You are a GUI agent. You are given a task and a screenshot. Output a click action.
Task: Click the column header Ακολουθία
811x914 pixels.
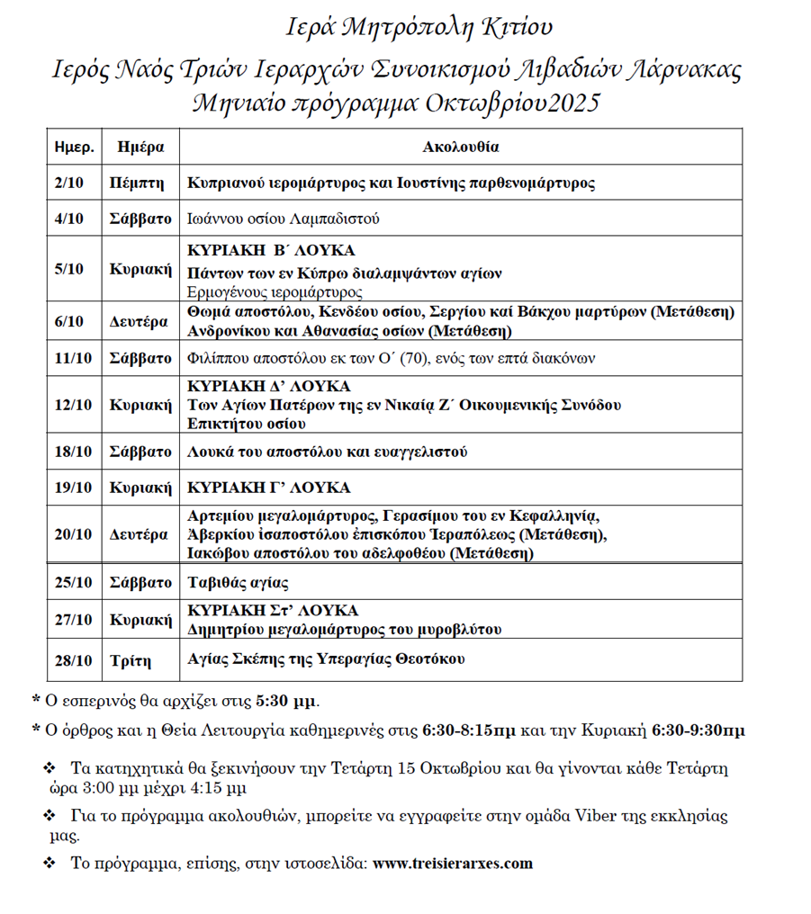coord(461,147)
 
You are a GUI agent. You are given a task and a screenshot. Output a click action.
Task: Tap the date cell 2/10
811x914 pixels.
coord(68,183)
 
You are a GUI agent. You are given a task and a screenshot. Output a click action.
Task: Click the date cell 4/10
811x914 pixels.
coord(68,219)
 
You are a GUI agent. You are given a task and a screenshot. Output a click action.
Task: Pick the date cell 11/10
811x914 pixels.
coord(72,358)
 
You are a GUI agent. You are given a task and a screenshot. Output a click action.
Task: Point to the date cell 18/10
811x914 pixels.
coord(72,452)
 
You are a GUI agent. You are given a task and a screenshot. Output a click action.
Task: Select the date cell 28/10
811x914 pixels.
coord(72,660)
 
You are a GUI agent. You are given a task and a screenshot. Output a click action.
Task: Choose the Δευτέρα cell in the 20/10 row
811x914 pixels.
coord(140,534)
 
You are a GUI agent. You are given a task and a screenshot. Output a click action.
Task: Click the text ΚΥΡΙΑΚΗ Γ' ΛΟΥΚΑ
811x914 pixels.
coord(268,488)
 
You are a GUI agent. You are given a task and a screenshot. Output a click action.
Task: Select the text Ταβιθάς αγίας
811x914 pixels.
coord(238,582)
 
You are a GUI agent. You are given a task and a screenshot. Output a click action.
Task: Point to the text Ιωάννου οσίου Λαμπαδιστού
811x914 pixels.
coord(284,219)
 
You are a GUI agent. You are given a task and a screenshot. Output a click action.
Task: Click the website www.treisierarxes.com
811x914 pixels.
coord(453,863)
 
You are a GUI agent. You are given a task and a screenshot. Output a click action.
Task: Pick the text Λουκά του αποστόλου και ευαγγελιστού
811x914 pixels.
coord(327,452)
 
